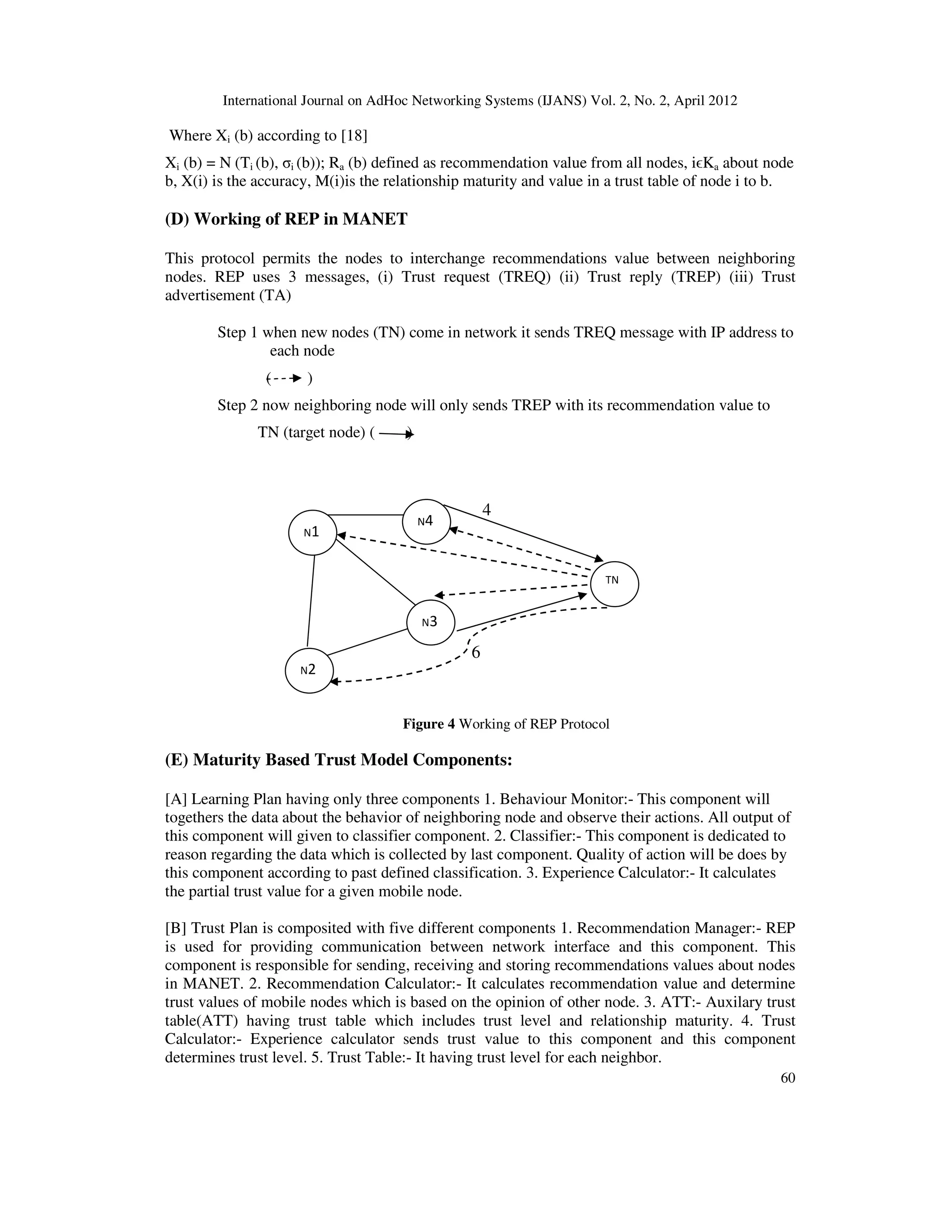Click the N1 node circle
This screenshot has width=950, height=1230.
312,532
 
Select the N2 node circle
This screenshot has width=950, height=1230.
309,670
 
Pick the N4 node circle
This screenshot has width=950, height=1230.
426,522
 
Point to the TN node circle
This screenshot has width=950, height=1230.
614,584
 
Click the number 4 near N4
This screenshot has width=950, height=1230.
486,510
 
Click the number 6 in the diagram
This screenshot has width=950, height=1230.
475,653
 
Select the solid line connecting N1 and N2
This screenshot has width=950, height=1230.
311,600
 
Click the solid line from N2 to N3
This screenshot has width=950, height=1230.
367,642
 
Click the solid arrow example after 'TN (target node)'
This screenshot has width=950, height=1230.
396,434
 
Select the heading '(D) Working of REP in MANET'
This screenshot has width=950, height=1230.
286,219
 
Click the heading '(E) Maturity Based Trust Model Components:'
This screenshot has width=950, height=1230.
338,760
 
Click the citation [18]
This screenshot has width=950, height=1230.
354,136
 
